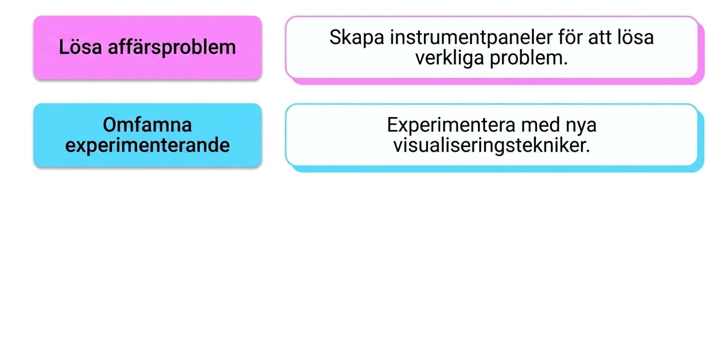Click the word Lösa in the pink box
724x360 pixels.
click(x=80, y=47)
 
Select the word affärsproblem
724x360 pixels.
click(x=171, y=47)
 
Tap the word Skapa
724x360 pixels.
click(x=356, y=38)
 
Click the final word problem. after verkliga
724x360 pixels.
click(x=529, y=58)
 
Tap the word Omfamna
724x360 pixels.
click(x=147, y=125)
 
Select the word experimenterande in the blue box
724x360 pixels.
click(x=147, y=145)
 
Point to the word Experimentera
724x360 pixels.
click(x=451, y=125)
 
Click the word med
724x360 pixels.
click(x=540, y=125)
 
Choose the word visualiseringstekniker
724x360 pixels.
click(x=492, y=145)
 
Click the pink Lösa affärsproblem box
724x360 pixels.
click(x=147, y=47)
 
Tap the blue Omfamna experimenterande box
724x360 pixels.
click(x=147, y=135)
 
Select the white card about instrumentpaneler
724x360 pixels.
click(x=492, y=47)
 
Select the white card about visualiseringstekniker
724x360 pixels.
click(x=492, y=135)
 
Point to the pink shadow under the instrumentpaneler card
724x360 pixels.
click(x=498, y=81)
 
